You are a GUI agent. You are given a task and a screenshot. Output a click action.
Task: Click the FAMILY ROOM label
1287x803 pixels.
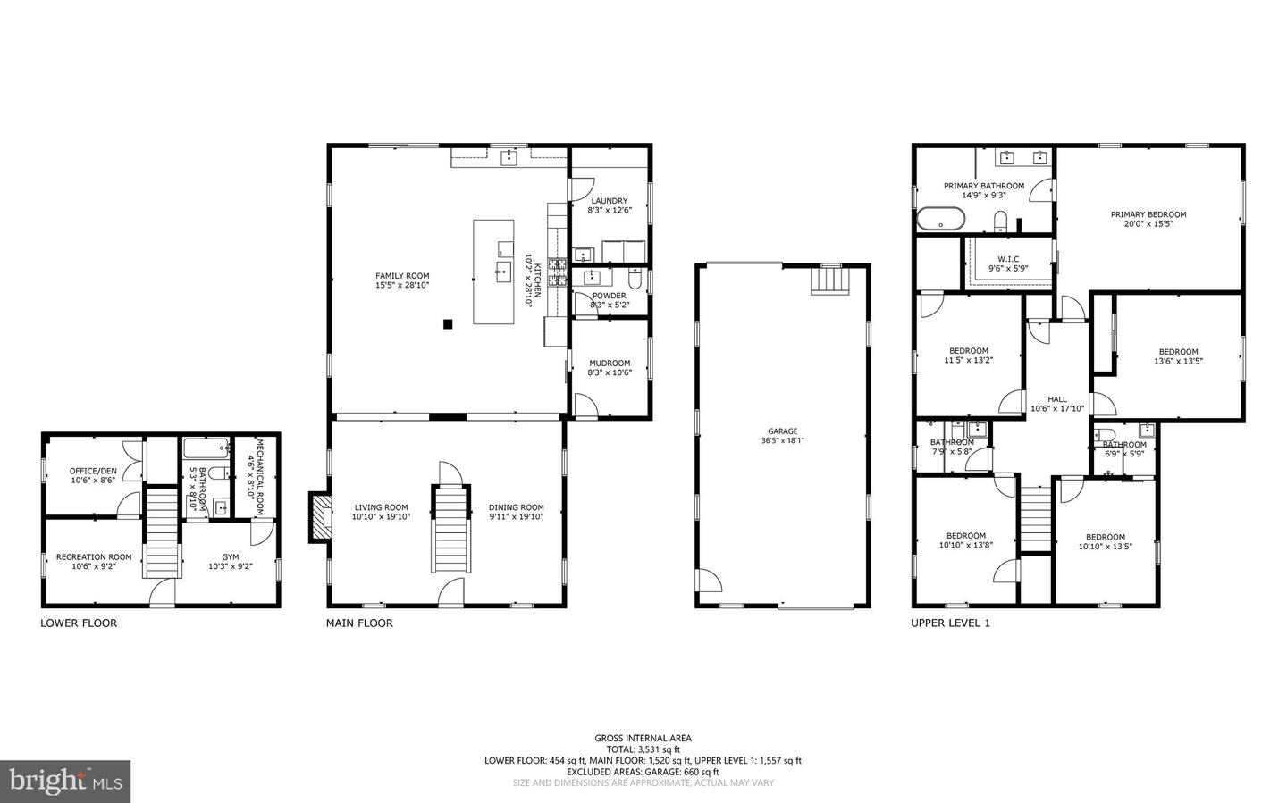pos(402,276)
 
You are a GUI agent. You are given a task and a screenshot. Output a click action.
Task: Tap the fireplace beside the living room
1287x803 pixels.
pos(321,517)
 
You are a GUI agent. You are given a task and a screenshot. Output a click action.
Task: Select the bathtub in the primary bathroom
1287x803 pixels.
pos(941,219)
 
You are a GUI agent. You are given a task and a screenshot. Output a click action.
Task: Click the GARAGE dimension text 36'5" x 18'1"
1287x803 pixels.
pos(783,440)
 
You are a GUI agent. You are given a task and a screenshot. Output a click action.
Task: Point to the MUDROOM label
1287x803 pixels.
pos(610,363)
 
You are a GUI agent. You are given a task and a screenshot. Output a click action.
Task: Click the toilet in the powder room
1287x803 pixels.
pos(635,280)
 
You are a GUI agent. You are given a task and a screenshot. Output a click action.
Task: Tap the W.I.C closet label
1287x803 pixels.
pos(1008,259)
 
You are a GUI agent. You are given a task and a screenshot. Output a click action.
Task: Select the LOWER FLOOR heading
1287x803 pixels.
pos(79,623)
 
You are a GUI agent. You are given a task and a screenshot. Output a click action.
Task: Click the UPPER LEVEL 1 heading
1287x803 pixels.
pos(950,623)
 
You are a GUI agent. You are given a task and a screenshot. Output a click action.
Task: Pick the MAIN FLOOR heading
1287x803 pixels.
pos(359,623)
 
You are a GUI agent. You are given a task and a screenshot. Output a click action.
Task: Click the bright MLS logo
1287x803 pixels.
pos(65,782)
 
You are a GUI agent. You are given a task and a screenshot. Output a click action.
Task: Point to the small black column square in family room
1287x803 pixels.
pos(448,324)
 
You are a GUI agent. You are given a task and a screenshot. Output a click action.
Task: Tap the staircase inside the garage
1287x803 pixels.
pos(829,281)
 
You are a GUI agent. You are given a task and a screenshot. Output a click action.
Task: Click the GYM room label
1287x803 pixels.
pos(231,556)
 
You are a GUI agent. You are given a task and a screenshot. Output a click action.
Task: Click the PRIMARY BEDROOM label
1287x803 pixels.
pos(1148,214)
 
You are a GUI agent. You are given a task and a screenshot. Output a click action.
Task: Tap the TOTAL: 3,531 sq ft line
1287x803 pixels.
pos(643,749)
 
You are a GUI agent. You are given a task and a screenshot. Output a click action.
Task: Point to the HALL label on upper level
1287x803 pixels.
pos(1057,399)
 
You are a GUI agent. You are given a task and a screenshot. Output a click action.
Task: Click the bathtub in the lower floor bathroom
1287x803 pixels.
pos(206,448)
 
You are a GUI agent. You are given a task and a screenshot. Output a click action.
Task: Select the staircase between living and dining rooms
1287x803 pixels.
pos(451,529)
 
